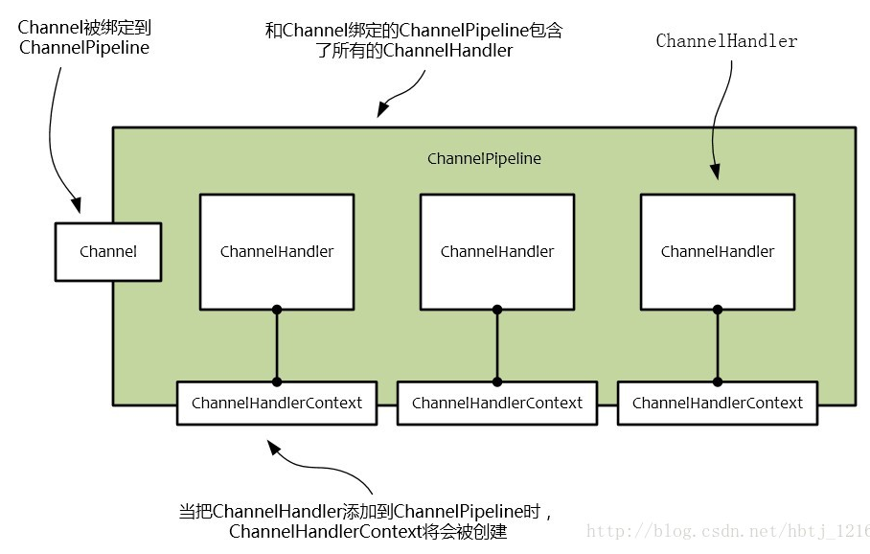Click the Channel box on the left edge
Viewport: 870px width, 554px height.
pyautogui.click(x=107, y=251)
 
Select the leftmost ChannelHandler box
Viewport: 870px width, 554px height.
pyautogui.click(x=276, y=251)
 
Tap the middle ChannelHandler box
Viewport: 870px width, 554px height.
pyautogui.click(x=496, y=251)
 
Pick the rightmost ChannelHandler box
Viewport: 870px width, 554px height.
pyautogui.click(x=717, y=251)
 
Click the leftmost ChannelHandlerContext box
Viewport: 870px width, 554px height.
pyautogui.click(x=276, y=403)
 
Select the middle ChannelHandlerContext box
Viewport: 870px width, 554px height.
pyautogui.click(x=496, y=403)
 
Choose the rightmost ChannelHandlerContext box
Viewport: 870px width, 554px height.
pyautogui.click(x=717, y=403)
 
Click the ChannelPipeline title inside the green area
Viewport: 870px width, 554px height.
pyautogui.click(x=484, y=158)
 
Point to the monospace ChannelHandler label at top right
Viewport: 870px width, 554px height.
pyautogui.click(x=726, y=41)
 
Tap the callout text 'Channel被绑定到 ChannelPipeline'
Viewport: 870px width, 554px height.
pyautogui.click(x=83, y=36)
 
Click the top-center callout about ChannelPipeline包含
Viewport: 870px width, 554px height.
pyautogui.click(x=413, y=40)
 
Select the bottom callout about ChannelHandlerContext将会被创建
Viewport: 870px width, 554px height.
pyautogui.click(x=367, y=520)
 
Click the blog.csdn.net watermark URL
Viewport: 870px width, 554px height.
pyautogui.click(x=728, y=530)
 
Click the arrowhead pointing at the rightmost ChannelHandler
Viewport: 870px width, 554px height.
pyautogui.click(x=714, y=173)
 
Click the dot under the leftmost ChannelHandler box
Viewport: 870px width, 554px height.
pyautogui.click(x=276, y=310)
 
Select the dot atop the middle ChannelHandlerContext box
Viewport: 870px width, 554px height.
pyautogui.click(x=496, y=381)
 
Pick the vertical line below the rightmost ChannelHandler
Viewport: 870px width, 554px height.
pyautogui.click(x=717, y=345)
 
